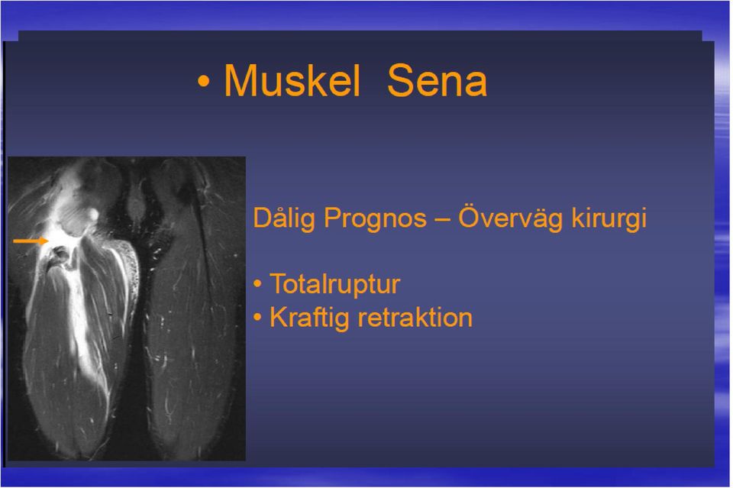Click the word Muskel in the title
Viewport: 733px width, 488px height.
[292, 80]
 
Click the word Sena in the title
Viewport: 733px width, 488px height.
[437, 80]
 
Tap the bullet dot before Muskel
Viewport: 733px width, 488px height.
[203, 82]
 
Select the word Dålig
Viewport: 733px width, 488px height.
[284, 218]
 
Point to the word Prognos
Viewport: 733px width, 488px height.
[376, 218]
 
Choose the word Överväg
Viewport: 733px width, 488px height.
[511, 218]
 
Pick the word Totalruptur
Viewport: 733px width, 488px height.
[334, 284]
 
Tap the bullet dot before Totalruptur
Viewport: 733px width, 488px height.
[257, 284]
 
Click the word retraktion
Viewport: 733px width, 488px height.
[415, 318]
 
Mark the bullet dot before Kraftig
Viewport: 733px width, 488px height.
[257, 318]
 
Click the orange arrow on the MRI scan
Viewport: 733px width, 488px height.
[31, 241]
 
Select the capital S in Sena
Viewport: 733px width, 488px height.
[400, 80]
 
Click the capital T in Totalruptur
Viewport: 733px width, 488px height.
[278, 283]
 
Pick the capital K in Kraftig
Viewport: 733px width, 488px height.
[279, 317]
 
